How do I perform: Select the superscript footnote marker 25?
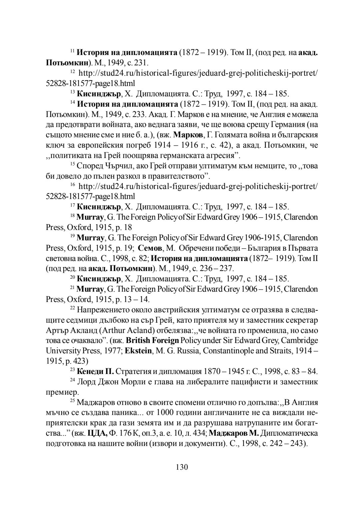coord(72,400)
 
